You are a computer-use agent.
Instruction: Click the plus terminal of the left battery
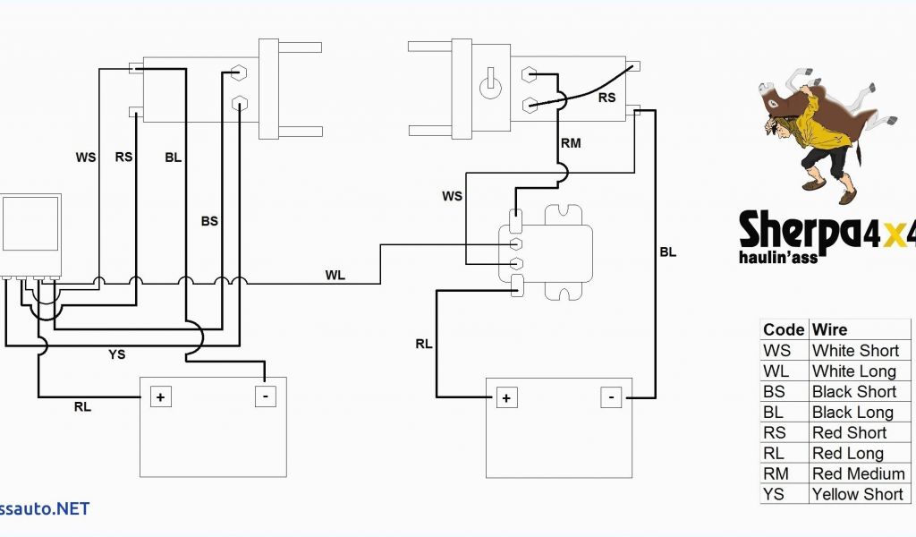pyautogui.click(x=161, y=396)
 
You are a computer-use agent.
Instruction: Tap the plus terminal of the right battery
pyautogui.click(x=506, y=397)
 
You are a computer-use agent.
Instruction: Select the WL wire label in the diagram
pyautogui.click(x=335, y=275)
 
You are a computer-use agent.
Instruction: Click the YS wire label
pyautogui.click(x=117, y=354)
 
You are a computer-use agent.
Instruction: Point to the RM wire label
pyautogui.click(x=571, y=143)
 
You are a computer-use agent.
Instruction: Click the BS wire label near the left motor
pyautogui.click(x=209, y=221)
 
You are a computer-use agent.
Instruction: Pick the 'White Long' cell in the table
pyautogui.click(x=853, y=371)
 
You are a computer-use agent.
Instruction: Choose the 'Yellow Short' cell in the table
pyautogui.click(x=857, y=494)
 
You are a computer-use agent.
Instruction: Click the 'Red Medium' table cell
pyautogui.click(x=858, y=473)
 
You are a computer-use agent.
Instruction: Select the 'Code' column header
pyautogui.click(x=784, y=329)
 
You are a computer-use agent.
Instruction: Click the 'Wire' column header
pyautogui.click(x=829, y=329)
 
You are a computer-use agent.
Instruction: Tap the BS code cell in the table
pyautogui.click(x=775, y=391)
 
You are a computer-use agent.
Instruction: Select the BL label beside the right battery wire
pyautogui.click(x=667, y=252)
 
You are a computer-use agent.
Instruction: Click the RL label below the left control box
pyautogui.click(x=82, y=407)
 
